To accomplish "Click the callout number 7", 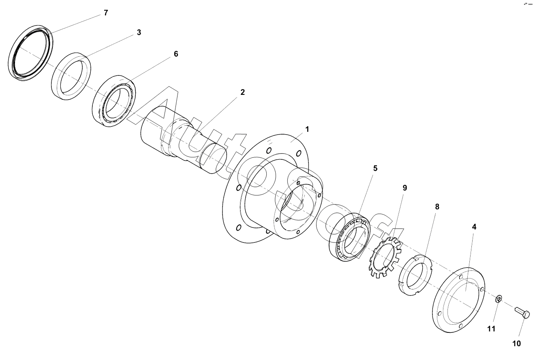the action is pos(106,13).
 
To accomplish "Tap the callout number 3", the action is pos(139,32).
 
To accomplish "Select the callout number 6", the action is pos(176,54).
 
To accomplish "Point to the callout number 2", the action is pos(242,92).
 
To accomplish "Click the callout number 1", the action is pos(307,129).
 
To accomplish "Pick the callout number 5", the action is pos(375,168).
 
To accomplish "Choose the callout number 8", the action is pos(437,207).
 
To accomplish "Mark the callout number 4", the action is pos(474,227).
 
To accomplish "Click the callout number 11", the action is pos(491,329).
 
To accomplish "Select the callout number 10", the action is pos(516,344).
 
